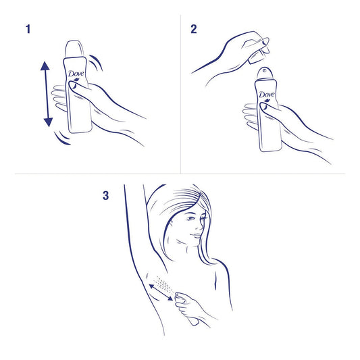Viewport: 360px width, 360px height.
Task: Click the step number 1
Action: point(28,30)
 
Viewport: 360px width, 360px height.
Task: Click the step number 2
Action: point(194,30)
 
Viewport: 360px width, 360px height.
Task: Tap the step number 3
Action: point(105,196)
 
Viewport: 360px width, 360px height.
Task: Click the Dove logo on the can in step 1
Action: point(76,74)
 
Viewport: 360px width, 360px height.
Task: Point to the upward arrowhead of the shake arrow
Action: point(45,66)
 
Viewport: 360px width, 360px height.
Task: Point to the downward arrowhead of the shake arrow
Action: point(48,122)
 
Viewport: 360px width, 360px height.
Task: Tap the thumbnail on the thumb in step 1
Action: point(74,85)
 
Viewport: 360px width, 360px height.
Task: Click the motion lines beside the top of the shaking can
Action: point(97,62)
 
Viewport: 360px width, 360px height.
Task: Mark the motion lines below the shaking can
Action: point(62,138)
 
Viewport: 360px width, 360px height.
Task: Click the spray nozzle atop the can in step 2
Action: point(265,73)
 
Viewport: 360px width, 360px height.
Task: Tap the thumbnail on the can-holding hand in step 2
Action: point(265,107)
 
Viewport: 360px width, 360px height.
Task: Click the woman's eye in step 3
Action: point(190,218)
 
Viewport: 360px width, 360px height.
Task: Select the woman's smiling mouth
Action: point(196,236)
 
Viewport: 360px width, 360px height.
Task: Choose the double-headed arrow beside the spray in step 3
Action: point(161,292)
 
